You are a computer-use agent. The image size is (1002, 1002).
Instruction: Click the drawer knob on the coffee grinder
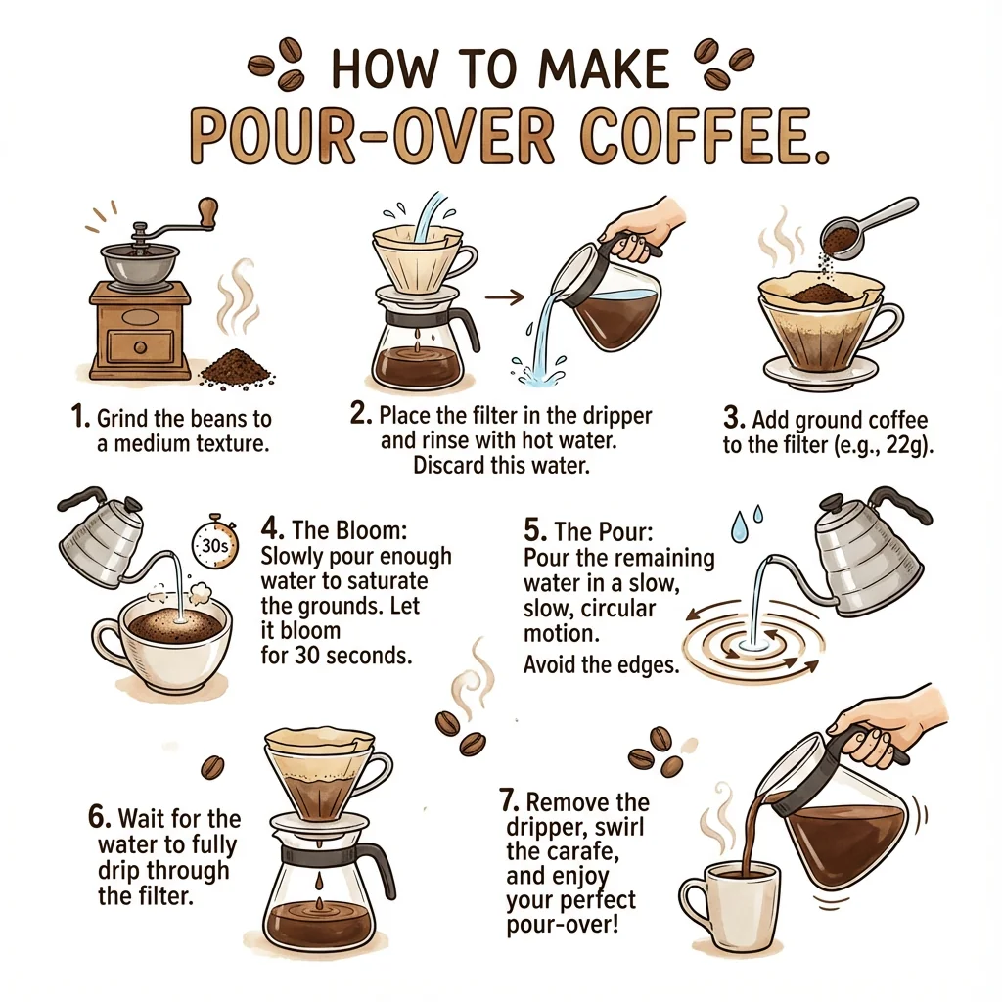pyautogui.click(x=140, y=347)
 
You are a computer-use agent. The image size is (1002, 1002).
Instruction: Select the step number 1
pyautogui.click(x=80, y=417)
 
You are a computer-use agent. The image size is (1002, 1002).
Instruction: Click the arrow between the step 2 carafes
pyautogui.click(x=504, y=296)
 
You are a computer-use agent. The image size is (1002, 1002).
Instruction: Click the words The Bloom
pyautogui.click(x=349, y=530)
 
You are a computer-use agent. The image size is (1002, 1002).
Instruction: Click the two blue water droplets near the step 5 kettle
pyautogui.click(x=747, y=523)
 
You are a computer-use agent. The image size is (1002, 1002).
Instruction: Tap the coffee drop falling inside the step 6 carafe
pyautogui.click(x=317, y=884)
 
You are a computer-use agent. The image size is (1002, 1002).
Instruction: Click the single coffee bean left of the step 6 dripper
pyautogui.click(x=212, y=766)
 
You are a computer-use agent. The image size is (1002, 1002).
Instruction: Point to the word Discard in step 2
pyautogui.click(x=448, y=465)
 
